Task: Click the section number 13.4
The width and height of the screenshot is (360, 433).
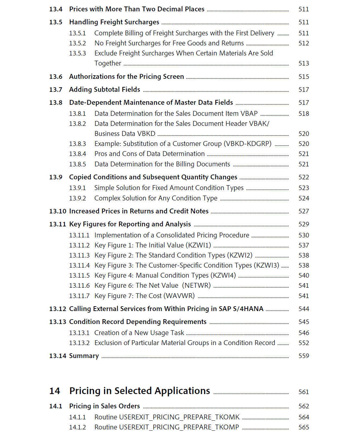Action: pos(55,9)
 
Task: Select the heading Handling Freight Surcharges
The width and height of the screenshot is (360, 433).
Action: pos(114,22)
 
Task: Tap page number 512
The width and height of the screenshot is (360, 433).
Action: pos(304,43)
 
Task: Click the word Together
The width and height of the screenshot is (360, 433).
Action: pos(108,63)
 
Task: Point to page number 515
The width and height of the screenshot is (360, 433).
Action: pos(304,77)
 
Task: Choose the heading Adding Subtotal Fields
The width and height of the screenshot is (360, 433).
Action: pos(104,90)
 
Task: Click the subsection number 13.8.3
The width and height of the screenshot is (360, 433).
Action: pos(78,144)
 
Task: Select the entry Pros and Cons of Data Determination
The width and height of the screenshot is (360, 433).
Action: pos(150,154)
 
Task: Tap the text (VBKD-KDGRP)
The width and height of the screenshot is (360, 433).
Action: pos(247,144)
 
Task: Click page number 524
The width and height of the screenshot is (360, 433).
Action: pos(304,198)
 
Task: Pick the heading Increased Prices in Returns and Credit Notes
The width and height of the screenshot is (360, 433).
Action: pos(139,211)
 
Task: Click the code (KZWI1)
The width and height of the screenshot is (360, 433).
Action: pos(198,245)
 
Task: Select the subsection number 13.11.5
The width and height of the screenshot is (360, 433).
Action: pos(79,275)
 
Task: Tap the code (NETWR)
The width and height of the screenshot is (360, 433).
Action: pos(196,285)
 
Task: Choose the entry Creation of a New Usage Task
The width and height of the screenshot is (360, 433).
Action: pos(139,333)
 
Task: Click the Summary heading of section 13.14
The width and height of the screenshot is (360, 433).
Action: pos(84,356)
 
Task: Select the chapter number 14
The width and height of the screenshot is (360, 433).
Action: pos(54,391)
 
